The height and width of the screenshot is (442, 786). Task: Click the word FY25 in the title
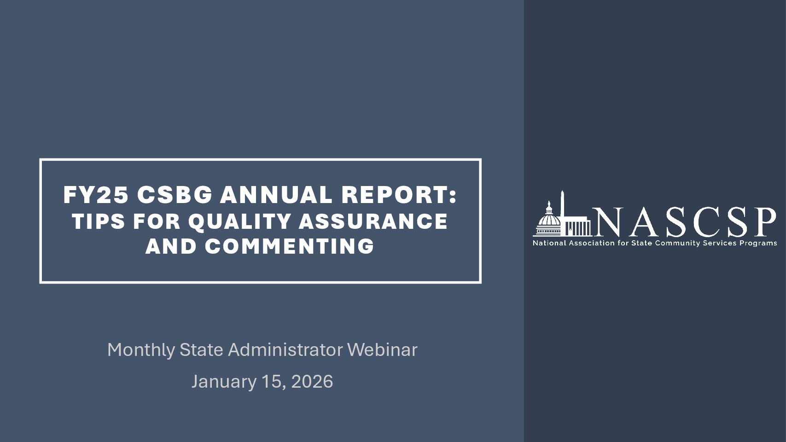(96, 195)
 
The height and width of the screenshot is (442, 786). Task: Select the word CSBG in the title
(175, 195)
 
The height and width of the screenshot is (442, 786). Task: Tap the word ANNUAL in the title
(276, 195)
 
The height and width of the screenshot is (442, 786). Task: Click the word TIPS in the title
(98, 221)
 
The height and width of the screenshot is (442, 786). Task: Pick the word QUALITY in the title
(239, 221)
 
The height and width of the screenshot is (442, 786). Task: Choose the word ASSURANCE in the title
(373, 221)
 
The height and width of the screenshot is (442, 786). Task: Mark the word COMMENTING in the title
(290, 246)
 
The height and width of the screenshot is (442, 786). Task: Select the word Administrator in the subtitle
(285, 350)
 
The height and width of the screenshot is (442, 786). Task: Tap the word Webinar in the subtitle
(382, 350)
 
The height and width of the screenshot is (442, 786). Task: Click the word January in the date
(224, 382)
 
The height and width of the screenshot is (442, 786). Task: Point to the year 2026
(312, 382)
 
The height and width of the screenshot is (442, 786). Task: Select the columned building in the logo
(578, 227)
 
